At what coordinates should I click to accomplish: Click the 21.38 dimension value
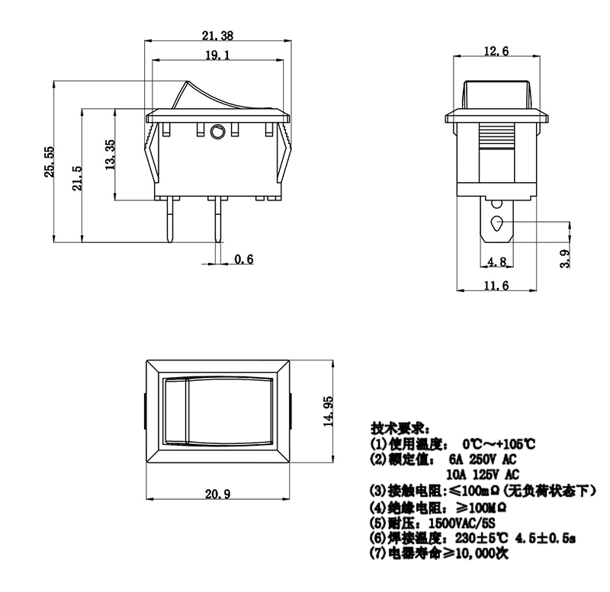click(217, 35)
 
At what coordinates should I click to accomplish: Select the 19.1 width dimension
click(217, 55)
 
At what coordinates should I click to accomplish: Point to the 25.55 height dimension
click(49, 162)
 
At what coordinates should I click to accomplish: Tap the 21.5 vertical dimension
click(77, 178)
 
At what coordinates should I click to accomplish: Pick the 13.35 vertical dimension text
click(110, 155)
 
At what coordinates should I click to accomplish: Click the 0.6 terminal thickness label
click(244, 259)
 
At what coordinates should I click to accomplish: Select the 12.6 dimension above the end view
click(496, 51)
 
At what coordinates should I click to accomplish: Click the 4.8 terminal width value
click(497, 261)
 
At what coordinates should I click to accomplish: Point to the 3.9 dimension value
click(565, 258)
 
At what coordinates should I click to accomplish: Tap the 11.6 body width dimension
click(496, 286)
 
